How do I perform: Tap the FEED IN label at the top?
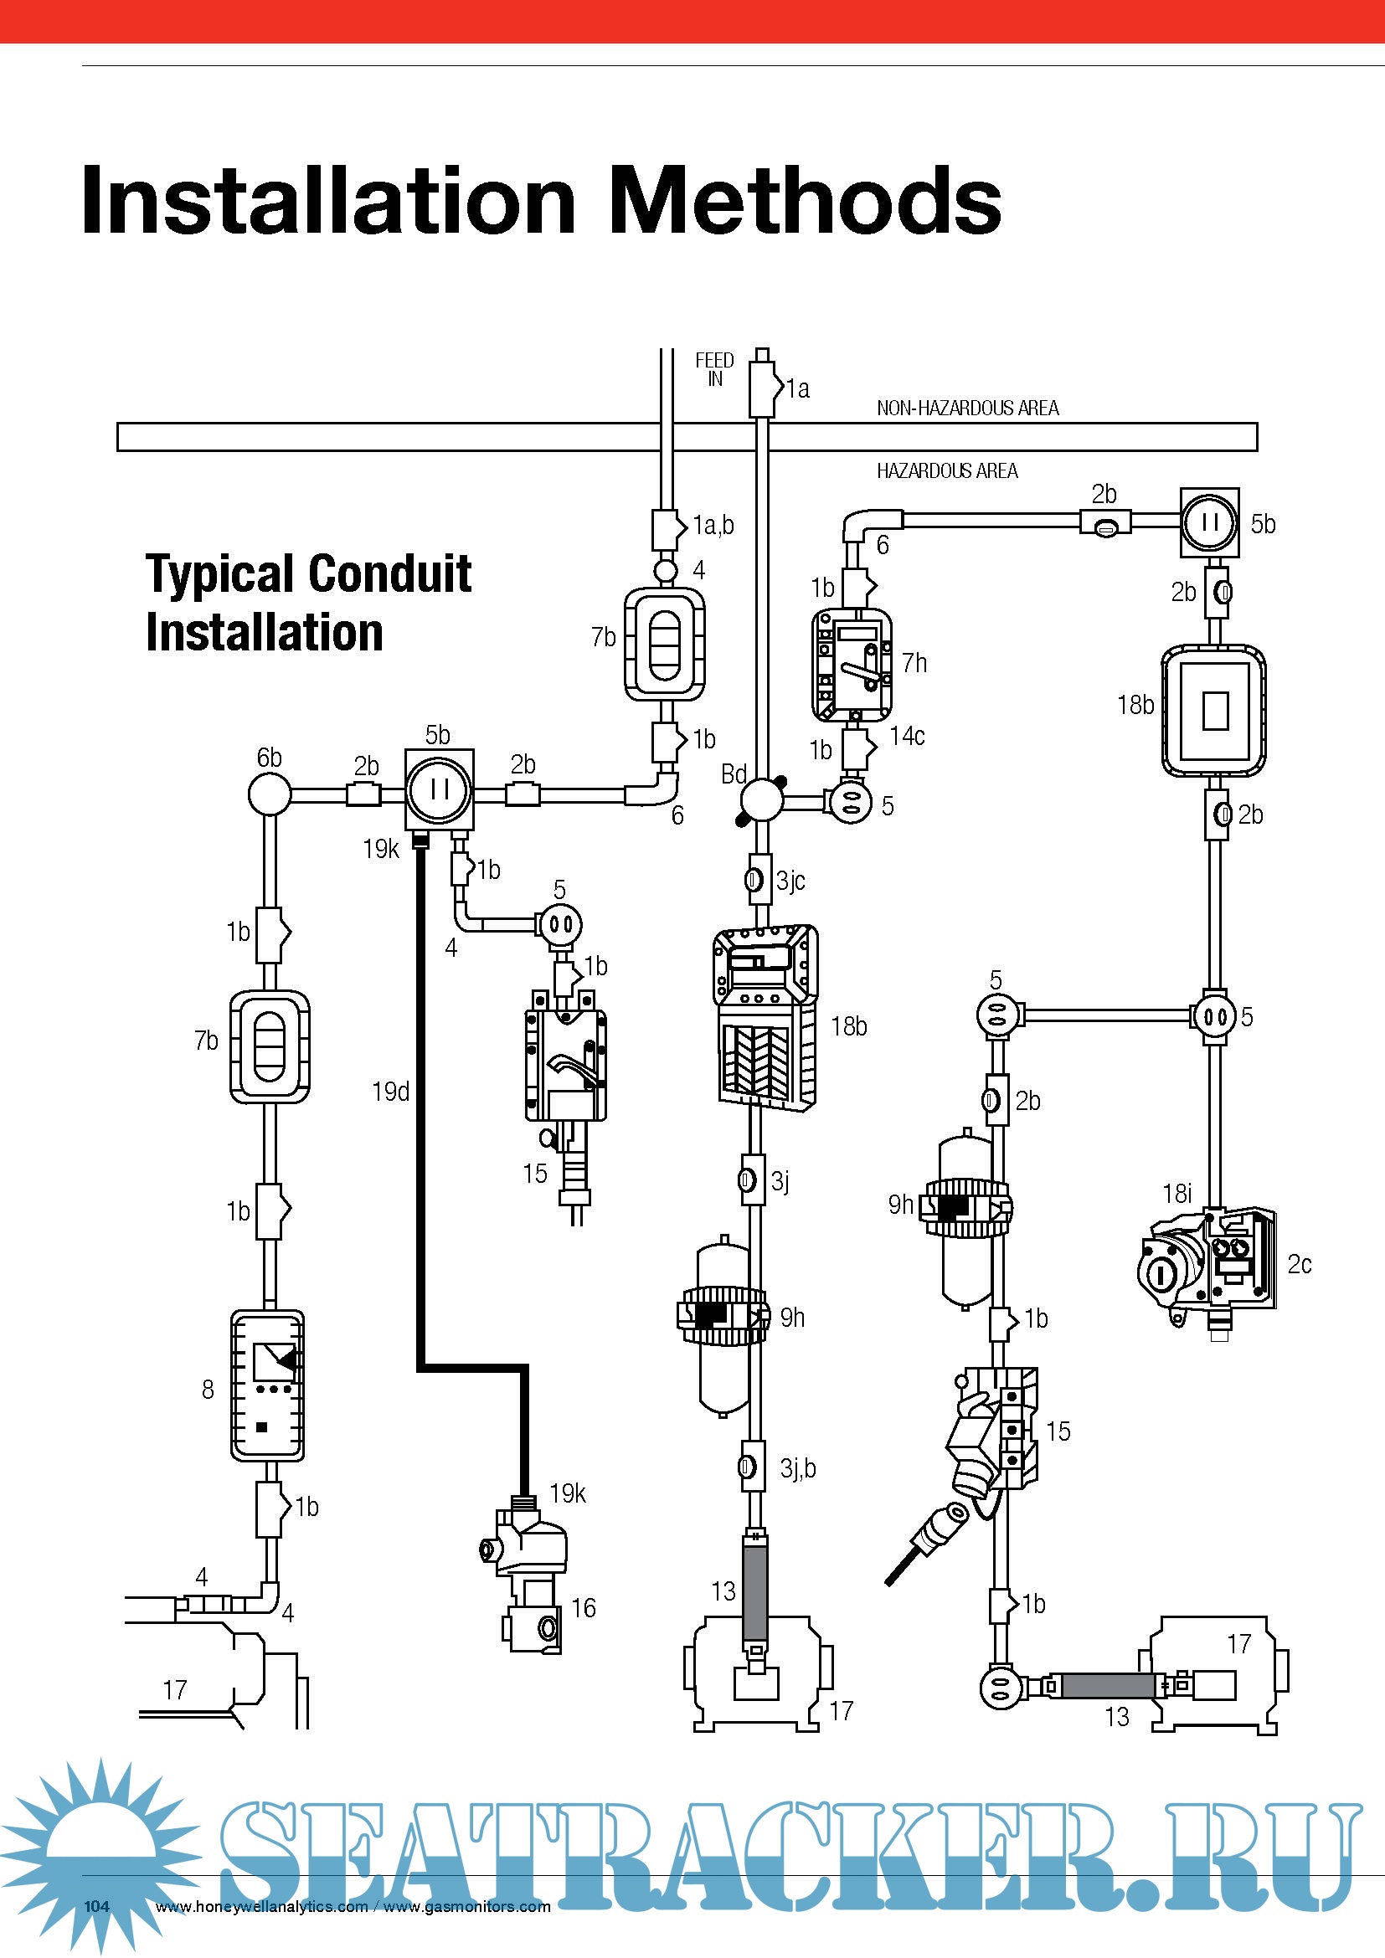713,369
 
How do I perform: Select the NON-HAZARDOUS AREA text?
967,409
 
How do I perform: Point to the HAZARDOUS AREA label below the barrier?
947,470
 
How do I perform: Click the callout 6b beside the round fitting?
269,758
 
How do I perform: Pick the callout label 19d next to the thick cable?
390,1092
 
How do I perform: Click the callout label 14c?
907,736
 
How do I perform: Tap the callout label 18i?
1176,1194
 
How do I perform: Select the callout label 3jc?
790,880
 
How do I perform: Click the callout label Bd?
734,774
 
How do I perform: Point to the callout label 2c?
1299,1264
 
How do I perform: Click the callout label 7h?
914,663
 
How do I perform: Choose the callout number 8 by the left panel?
207,1390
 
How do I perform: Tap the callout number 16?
584,1608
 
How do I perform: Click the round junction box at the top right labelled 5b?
1209,522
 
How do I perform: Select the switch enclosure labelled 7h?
851,666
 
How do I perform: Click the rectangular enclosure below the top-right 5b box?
1213,711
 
